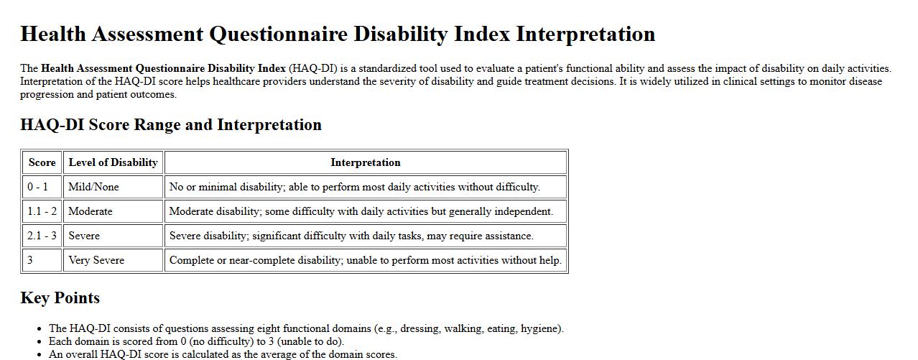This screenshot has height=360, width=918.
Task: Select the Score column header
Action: point(42,162)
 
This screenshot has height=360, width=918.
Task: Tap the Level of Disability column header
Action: point(113,162)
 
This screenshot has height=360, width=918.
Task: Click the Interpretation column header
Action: point(365,162)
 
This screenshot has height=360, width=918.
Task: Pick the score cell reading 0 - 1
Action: point(38,187)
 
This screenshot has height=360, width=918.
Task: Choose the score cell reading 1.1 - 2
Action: point(42,211)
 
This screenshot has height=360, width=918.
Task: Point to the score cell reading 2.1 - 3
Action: point(42,236)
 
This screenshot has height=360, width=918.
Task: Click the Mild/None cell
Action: point(93,187)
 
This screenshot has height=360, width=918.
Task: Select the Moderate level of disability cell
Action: point(91,211)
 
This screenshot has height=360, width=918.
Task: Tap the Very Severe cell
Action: point(96,260)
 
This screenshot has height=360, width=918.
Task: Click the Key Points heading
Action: point(60,298)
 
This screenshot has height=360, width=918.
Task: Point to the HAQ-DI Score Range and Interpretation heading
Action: point(171,125)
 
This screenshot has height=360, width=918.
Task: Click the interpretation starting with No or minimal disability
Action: point(354,187)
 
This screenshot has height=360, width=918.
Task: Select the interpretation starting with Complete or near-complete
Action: point(365,260)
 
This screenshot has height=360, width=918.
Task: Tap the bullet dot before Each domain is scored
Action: point(39,342)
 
